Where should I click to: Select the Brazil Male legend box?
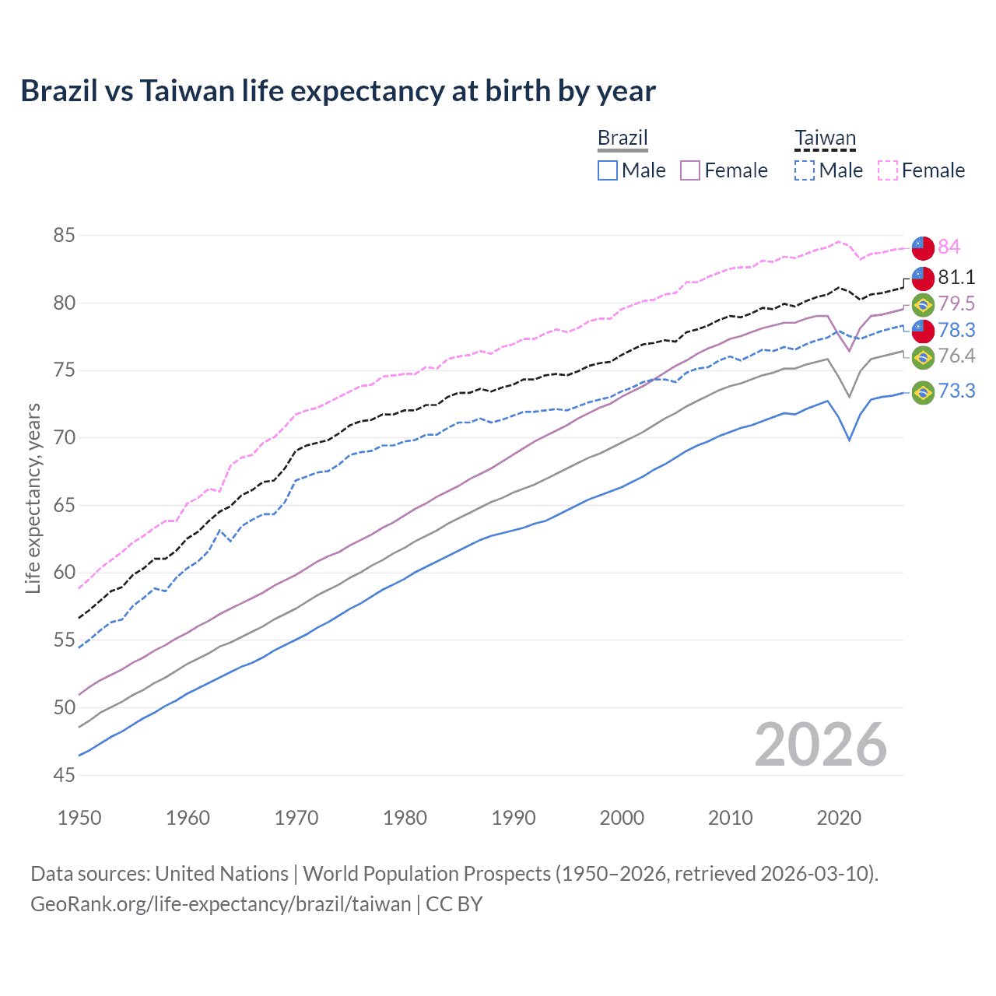608,170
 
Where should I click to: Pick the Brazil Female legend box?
690,170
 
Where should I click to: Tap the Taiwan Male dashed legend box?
805,170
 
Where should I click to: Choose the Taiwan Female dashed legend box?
888,170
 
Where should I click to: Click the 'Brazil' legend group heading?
622,138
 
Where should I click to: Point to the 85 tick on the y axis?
65,235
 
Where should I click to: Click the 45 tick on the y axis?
65,775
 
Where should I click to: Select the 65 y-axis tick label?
65,505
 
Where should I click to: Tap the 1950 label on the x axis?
79,818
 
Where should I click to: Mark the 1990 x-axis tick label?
514,818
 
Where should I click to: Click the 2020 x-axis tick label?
839,818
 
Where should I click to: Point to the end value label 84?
949,247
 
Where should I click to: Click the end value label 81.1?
956,277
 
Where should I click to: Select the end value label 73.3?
956,391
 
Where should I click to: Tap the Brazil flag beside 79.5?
923,304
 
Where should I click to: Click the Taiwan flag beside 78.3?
923,331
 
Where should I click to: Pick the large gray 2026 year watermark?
820,745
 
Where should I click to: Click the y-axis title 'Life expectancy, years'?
33,498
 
